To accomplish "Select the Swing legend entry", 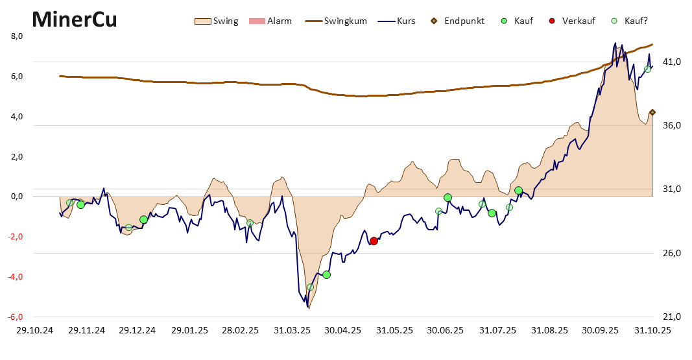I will point(217,21).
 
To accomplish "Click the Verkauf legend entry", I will point(571,21).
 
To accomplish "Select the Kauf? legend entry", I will point(629,21).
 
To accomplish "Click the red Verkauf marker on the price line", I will point(374,241).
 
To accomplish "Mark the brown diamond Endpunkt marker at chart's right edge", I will point(652,112).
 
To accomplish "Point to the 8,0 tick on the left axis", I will point(18,36).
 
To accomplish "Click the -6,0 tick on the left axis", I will point(16,317).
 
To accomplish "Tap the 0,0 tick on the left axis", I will point(18,197).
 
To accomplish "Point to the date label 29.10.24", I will point(35,330).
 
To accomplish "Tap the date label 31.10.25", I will point(652,330).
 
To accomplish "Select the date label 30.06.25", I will point(446,330).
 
